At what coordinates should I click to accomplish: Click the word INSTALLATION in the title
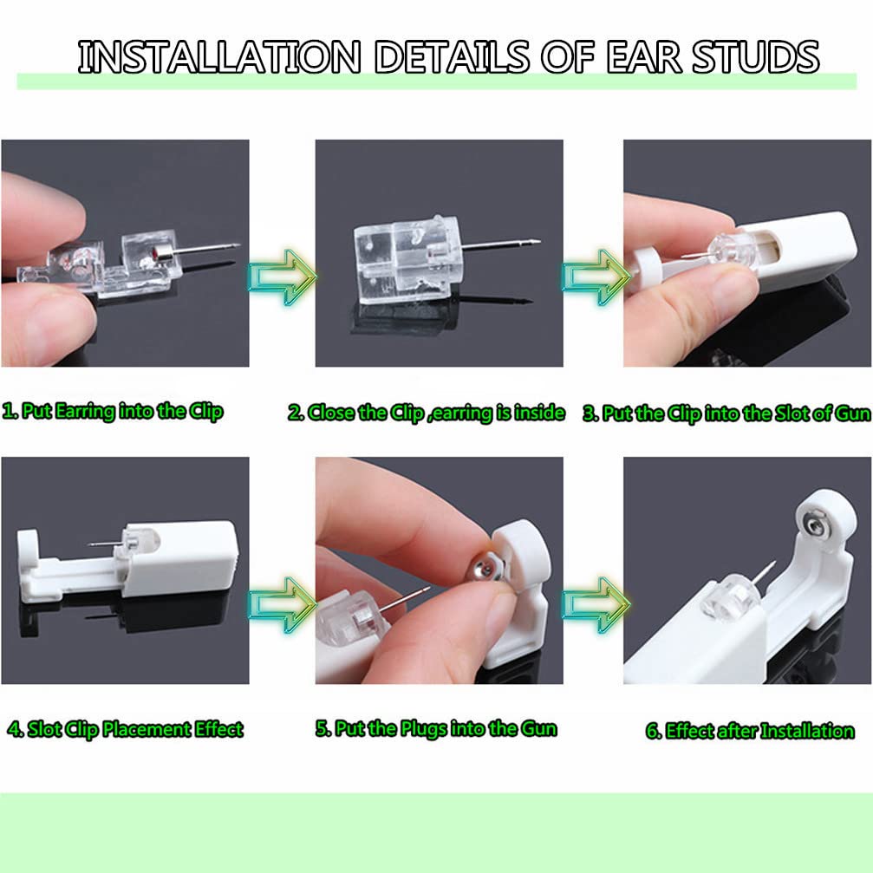(x=219, y=57)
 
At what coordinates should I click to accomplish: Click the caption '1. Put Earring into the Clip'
(x=113, y=412)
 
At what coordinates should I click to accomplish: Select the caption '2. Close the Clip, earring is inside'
(x=427, y=413)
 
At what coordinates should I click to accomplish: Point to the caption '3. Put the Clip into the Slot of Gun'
(x=726, y=414)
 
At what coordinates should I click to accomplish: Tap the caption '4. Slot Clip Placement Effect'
(x=125, y=729)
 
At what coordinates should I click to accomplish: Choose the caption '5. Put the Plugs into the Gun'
(x=437, y=729)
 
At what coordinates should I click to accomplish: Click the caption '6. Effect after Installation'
(x=750, y=731)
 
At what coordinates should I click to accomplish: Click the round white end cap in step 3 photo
(x=645, y=264)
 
